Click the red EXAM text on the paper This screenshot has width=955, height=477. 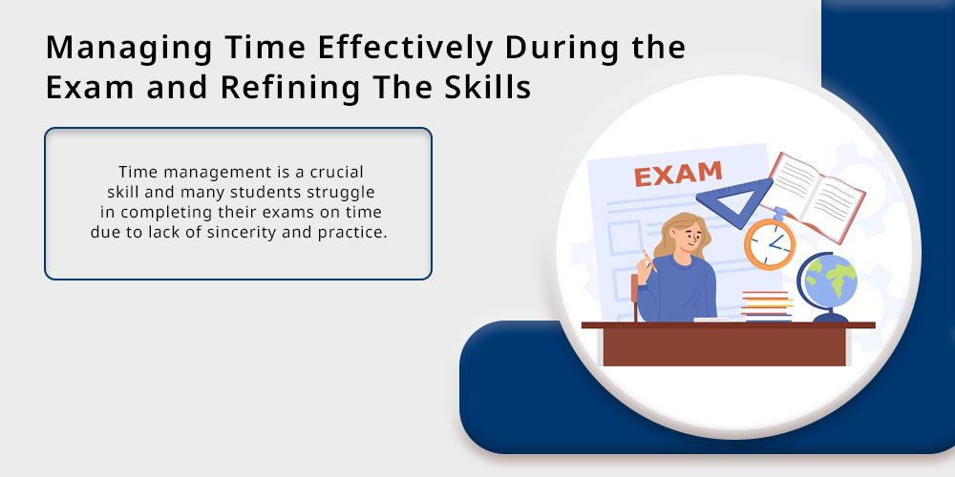click(678, 174)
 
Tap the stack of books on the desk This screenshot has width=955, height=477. click(767, 306)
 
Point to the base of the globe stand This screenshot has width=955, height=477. click(830, 318)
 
